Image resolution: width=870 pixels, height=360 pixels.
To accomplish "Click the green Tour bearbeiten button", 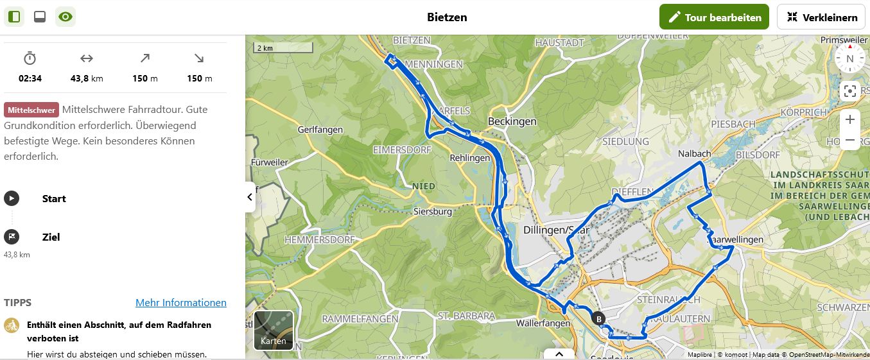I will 713,17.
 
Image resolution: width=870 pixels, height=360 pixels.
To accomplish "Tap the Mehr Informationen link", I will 180,303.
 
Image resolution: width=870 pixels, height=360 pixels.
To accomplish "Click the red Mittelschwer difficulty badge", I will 31,110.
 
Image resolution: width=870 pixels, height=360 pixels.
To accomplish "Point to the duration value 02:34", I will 30,78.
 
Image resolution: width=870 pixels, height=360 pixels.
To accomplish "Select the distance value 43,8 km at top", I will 87,78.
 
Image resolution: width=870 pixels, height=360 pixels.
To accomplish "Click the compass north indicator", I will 849,58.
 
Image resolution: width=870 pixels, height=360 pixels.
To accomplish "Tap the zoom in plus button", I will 849,119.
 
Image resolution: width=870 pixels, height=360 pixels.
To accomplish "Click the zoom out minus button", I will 849,140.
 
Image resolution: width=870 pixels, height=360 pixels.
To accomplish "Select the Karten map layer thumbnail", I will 274,330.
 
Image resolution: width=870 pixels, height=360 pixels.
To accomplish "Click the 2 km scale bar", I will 283,48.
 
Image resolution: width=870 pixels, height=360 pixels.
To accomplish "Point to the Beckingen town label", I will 512,121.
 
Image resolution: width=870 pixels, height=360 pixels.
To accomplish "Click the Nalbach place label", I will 694,154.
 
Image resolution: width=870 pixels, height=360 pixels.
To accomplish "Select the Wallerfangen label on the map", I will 543,323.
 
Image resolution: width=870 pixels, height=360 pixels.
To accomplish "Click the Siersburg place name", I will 433,211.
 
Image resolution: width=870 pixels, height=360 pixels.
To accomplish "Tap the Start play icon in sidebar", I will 12,198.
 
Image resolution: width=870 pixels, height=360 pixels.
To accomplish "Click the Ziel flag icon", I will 12,237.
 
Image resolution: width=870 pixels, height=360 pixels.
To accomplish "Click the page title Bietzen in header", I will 447,17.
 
